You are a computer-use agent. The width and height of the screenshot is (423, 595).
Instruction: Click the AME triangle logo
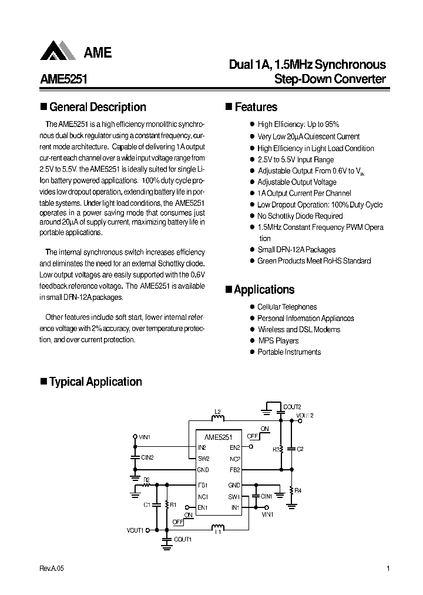[x=58, y=51]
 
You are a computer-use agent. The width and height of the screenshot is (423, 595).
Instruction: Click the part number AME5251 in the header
[x=63, y=80]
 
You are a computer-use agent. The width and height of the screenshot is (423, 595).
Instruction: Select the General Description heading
[x=98, y=107]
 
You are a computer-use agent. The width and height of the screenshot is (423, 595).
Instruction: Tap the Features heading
[x=256, y=107]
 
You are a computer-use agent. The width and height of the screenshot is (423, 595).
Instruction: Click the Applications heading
[x=264, y=290]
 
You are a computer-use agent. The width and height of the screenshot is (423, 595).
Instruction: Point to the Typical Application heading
[x=95, y=382]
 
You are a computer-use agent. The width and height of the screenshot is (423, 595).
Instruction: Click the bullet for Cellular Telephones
[x=251, y=307]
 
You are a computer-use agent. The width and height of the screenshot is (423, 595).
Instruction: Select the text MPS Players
[x=278, y=341]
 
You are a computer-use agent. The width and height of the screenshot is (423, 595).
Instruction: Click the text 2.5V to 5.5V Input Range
[x=296, y=159]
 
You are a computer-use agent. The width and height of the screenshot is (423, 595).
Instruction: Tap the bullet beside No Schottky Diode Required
[x=251, y=216]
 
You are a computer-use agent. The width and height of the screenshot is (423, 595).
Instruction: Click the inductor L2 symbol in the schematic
[x=217, y=419]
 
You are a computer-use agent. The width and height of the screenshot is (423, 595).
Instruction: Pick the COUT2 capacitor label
[x=291, y=407]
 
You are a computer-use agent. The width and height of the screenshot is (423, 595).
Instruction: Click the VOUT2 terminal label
[x=306, y=415]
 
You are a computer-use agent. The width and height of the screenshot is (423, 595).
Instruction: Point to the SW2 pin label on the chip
[x=203, y=459]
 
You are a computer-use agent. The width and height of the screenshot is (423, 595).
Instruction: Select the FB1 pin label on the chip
[x=203, y=485]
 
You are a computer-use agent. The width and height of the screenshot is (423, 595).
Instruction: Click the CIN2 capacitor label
[x=147, y=457]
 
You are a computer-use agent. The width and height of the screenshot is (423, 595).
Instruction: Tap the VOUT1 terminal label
[x=135, y=530]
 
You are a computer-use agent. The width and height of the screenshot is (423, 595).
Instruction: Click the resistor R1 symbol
[x=167, y=504]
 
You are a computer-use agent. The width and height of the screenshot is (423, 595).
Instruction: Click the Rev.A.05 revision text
[x=52, y=569]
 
